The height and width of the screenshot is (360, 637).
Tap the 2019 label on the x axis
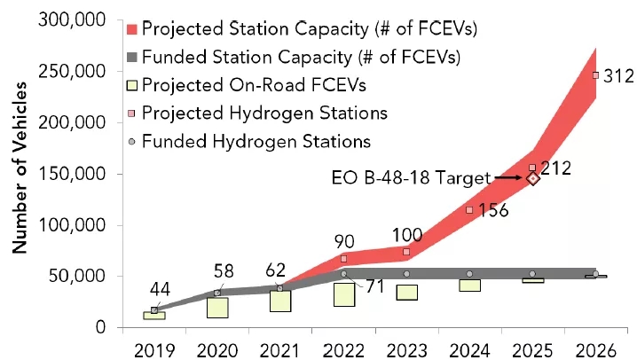tap(153, 346)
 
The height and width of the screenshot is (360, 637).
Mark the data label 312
tap(618, 77)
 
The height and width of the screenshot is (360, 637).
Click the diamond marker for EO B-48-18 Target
tap(533, 178)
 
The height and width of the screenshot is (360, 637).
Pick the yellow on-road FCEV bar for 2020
tap(217, 308)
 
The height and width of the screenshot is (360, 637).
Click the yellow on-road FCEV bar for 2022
tap(344, 294)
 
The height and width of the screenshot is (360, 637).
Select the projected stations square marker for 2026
tap(596, 75)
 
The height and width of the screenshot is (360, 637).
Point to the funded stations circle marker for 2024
tap(469, 274)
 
